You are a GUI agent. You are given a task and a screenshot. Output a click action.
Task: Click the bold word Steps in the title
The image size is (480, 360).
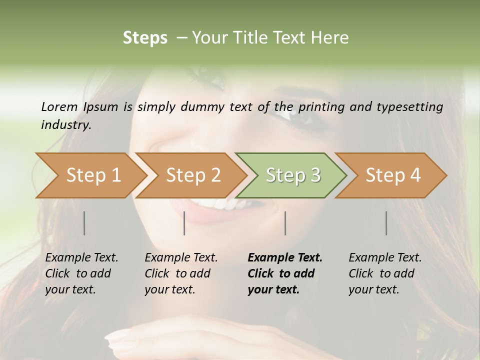[145, 38]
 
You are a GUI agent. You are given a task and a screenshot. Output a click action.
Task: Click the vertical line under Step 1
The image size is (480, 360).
[84, 223]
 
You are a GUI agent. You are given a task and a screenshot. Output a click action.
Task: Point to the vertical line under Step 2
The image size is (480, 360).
[184, 223]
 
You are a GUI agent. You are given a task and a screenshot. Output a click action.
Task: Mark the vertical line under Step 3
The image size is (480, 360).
[285, 223]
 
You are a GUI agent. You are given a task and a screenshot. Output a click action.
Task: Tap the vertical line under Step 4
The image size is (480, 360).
[386, 223]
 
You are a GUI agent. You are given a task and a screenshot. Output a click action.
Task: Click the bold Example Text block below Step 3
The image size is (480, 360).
[285, 273]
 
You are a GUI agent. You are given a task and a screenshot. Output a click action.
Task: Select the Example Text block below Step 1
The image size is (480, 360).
[82, 273]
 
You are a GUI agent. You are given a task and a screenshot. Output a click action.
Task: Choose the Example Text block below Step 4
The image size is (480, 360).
[385, 273]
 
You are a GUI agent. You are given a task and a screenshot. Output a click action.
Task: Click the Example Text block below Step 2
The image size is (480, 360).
[181, 273]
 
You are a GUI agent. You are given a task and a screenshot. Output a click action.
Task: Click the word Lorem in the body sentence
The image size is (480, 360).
[59, 106]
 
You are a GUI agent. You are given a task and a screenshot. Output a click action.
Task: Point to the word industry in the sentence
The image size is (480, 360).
[65, 125]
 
